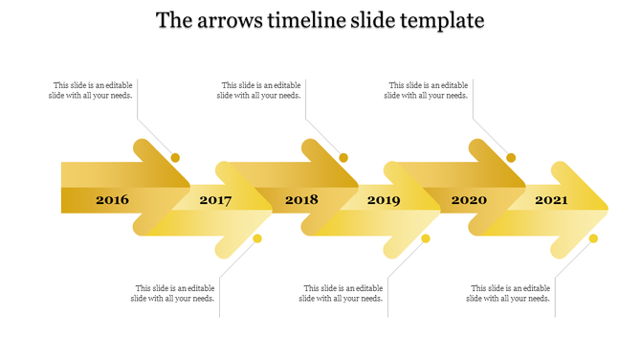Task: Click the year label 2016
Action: tap(112, 200)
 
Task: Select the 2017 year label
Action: tap(215, 201)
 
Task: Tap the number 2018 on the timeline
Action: tap(301, 200)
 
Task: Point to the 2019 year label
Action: tap(384, 201)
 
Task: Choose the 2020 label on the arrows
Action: tap(469, 200)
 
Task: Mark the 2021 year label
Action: tap(551, 200)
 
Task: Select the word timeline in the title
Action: tap(310, 20)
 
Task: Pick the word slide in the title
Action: tap(375, 20)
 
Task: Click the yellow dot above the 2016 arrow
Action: tap(175, 157)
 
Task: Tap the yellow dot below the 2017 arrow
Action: tap(257, 238)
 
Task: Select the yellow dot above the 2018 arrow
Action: tap(343, 157)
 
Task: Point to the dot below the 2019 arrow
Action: tap(426, 238)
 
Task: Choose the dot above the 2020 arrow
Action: tap(511, 157)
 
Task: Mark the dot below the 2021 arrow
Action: tap(593, 238)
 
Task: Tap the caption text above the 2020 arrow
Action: tap(427, 90)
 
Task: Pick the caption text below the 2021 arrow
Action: tap(509, 293)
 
